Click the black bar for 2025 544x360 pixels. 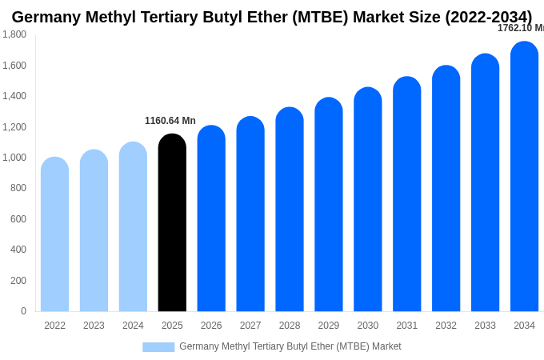click(x=172, y=224)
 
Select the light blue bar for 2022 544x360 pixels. click(x=54, y=235)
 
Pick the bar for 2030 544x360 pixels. click(x=367, y=200)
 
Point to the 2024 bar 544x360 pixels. click(x=133, y=227)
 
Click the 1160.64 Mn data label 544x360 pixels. click(x=170, y=121)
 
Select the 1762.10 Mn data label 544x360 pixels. click(x=521, y=28)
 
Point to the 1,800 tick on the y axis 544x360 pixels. click(x=14, y=34)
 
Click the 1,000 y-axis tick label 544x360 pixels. click(x=14, y=158)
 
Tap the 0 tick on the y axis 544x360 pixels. click(x=23, y=311)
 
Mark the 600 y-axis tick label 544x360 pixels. click(x=18, y=219)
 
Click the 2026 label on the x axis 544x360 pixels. click(x=211, y=326)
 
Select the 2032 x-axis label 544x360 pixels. click(x=446, y=326)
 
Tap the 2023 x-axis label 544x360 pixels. click(x=94, y=326)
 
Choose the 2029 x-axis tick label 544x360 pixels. click(x=328, y=326)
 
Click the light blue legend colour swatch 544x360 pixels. click(x=158, y=347)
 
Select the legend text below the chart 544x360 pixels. click(x=290, y=346)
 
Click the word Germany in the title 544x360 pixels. click(x=46, y=17)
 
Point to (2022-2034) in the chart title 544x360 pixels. click(x=488, y=17)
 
